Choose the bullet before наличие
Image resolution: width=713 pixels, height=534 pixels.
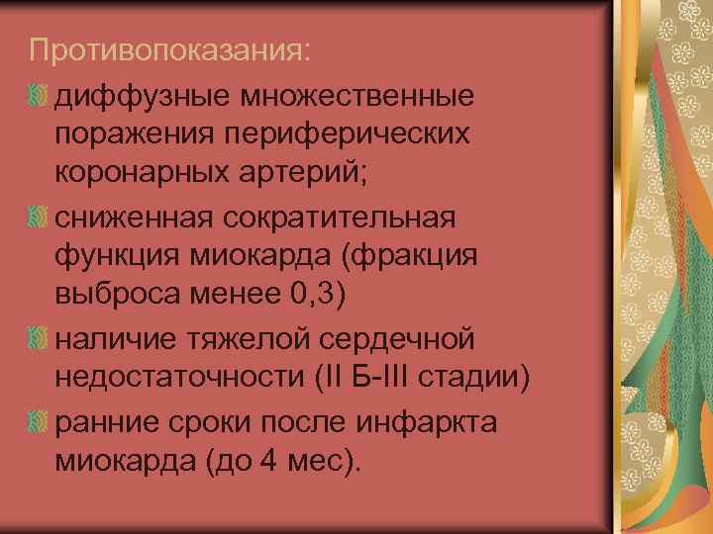tap(39, 338)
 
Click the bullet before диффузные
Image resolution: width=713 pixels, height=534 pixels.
tap(39, 96)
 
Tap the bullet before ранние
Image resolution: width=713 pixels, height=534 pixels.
tap(39, 421)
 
